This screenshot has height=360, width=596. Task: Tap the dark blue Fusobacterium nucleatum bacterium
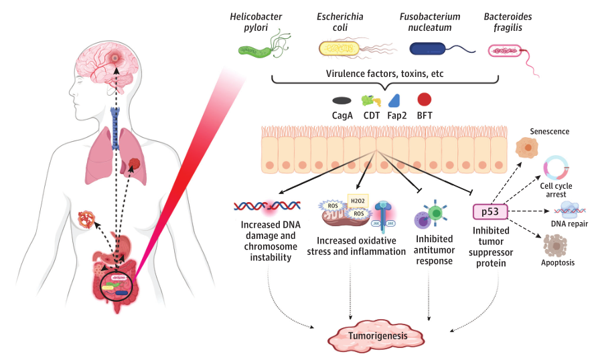[x=429, y=48]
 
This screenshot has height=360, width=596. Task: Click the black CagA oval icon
[x=342, y=100]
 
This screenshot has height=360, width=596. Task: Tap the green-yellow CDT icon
[x=370, y=101]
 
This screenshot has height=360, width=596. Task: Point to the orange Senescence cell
[x=528, y=147]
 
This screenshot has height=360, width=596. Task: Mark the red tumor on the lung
[x=135, y=163]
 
